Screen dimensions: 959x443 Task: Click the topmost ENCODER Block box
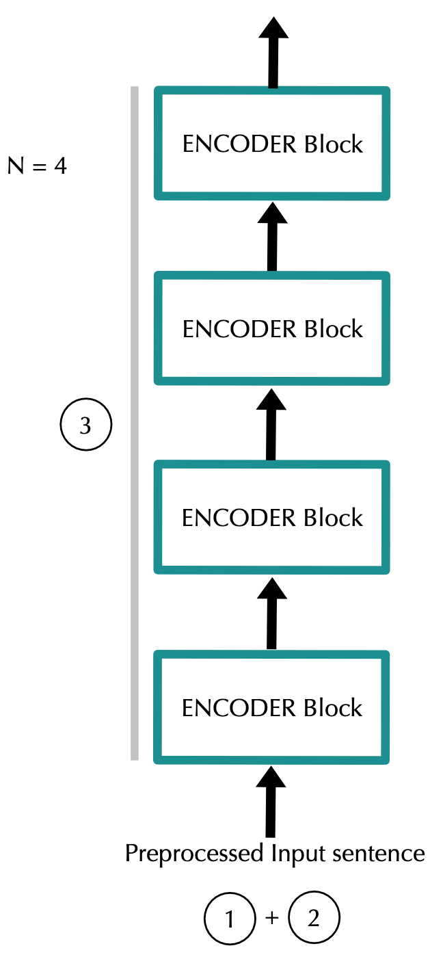point(272,144)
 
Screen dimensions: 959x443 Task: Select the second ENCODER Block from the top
point(272,329)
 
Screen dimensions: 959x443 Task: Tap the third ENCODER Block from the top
point(272,518)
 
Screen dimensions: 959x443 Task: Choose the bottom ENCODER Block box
point(272,707)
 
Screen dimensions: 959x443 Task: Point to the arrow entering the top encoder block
point(272,236)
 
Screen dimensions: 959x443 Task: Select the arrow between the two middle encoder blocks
point(271,424)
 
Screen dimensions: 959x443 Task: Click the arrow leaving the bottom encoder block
point(271,612)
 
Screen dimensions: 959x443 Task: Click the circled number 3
point(85,425)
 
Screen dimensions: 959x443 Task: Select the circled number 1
point(229,919)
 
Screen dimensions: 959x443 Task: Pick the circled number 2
point(314,919)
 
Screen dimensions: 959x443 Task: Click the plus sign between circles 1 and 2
point(271,919)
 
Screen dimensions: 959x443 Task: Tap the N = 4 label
point(37,166)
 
